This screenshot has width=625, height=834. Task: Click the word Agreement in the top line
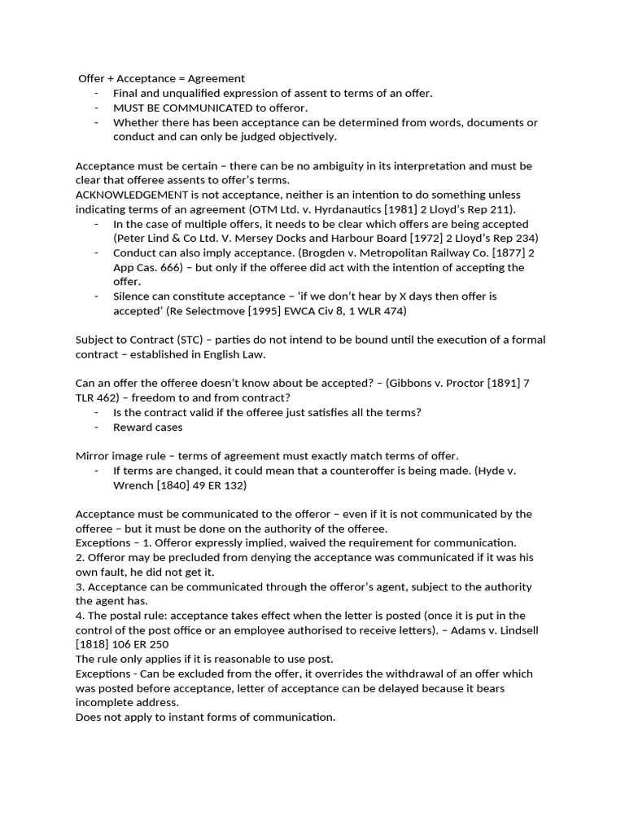pyautogui.click(x=216, y=78)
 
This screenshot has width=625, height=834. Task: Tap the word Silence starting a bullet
pyautogui.click(x=132, y=296)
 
